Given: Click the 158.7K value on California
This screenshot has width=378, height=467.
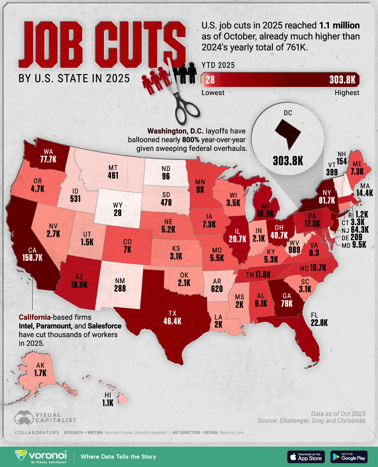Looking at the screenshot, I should click(x=32, y=258).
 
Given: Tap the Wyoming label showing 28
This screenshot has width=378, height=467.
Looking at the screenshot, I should click(x=117, y=213).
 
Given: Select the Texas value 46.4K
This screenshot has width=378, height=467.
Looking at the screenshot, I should click(x=172, y=321).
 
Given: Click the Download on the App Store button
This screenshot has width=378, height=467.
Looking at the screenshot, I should click(x=306, y=457).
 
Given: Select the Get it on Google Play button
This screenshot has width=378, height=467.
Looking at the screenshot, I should click(x=349, y=457).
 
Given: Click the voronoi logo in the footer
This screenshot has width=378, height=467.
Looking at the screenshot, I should click(x=41, y=457).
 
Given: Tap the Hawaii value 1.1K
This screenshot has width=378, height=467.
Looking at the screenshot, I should click(x=108, y=403).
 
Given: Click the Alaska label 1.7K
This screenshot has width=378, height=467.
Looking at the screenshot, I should click(x=40, y=373).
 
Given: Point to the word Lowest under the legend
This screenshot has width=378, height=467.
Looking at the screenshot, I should click(x=213, y=93).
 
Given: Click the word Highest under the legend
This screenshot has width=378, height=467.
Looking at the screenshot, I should click(x=347, y=93).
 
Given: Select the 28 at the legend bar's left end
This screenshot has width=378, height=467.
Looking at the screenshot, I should click(x=210, y=80).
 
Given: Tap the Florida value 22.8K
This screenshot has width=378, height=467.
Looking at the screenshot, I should click(x=319, y=323).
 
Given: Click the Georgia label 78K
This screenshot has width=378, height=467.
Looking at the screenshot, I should click(x=287, y=304).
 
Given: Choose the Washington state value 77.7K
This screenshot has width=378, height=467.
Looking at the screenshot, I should click(x=48, y=159).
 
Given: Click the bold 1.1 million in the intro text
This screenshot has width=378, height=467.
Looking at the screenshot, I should click(x=339, y=26).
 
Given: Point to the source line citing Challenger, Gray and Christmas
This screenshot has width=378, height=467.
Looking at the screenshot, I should click(x=311, y=421).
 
